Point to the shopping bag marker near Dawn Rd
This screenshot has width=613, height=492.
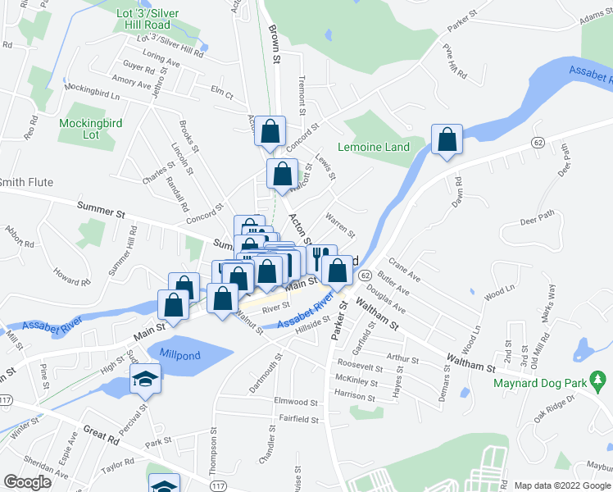[x=447, y=139]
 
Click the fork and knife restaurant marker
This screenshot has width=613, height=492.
[x=322, y=259]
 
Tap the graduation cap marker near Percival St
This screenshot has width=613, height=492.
[x=145, y=379]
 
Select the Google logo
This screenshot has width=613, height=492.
[x=26, y=482]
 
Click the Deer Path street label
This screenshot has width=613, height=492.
[x=538, y=217]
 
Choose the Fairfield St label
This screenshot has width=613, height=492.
[x=297, y=419]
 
